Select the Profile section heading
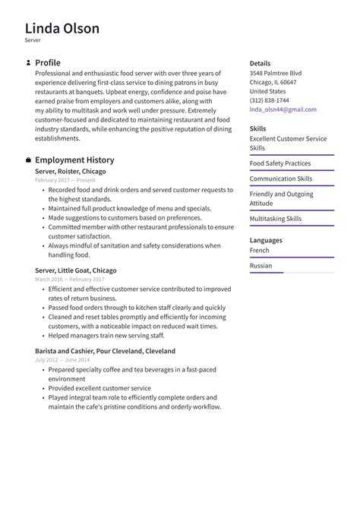click(x=48, y=62)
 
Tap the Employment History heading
click(x=74, y=160)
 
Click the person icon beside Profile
click(x=28, y=62)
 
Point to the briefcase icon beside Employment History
click(x=28, y=160)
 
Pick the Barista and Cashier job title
click(x=105, y=351)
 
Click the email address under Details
click(x=283, y=109)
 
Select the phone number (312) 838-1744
click(x=269, y=100)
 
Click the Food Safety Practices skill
click(x=279, y=163)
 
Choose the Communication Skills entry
click(x=280, y=179)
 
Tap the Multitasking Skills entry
click(x=275, y=219)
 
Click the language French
click(x=259, y=250)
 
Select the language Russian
click(x=261, y=266)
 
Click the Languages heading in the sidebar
click(x=265, y=240)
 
